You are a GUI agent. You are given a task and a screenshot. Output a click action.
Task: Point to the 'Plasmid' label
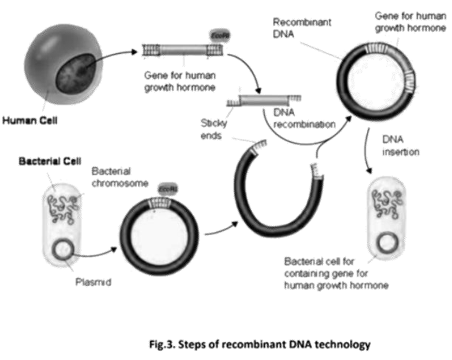tap(94, 282)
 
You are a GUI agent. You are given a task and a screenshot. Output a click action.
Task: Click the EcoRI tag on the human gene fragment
tap(216, 37)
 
